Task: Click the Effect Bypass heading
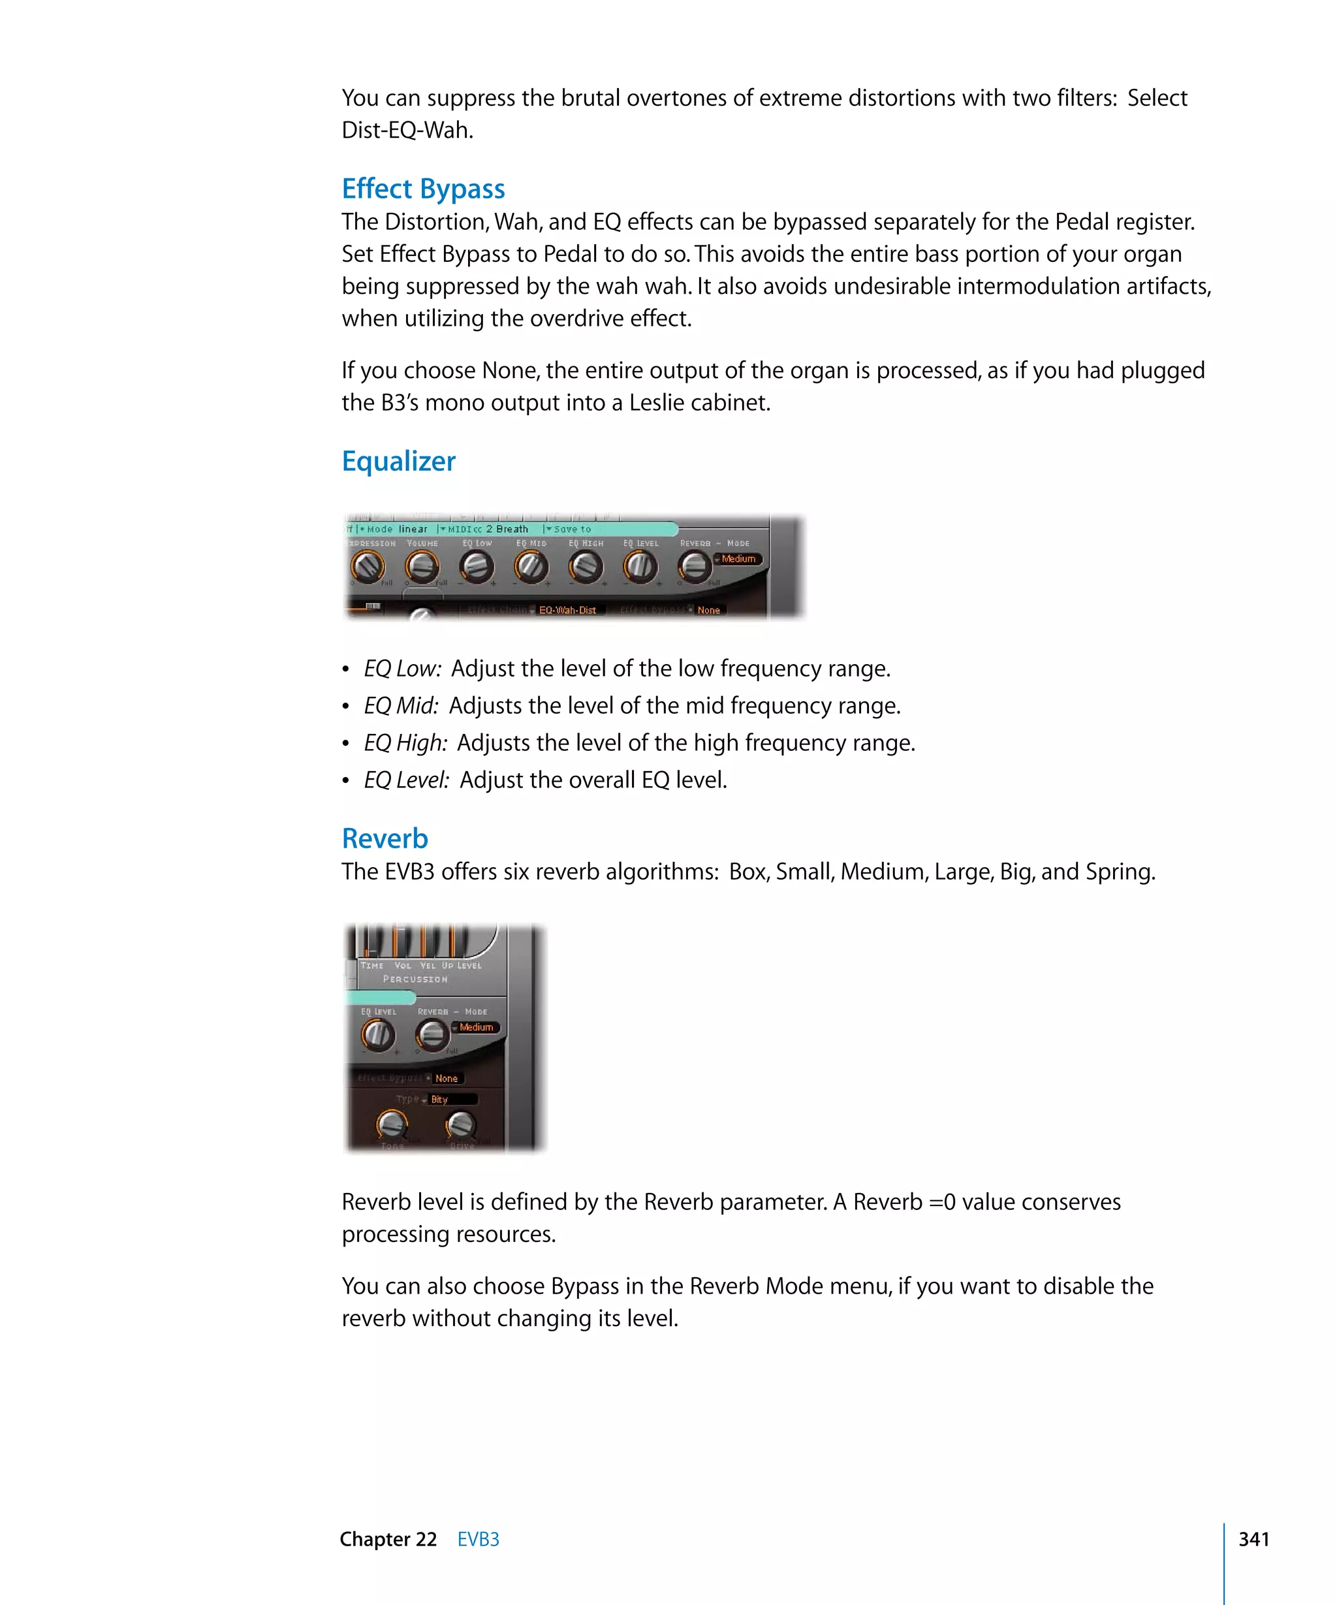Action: (422, 189)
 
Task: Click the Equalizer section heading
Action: (398, 461)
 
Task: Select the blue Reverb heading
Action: (385, 838)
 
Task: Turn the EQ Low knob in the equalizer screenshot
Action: (476, 567)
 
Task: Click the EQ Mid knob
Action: (531, 567)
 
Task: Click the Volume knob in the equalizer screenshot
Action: (422, 567)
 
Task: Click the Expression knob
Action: (368, 567)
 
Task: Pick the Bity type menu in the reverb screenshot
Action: (450, 1099)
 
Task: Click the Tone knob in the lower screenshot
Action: (392, 1124)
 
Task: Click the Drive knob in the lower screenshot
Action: (461, 1124)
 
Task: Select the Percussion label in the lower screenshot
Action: (415, 979)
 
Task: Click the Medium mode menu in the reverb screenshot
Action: (476, 1027)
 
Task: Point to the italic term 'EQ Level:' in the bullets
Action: (405, 780)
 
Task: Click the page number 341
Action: (1253, 1538)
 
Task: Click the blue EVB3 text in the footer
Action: (479, 1539)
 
